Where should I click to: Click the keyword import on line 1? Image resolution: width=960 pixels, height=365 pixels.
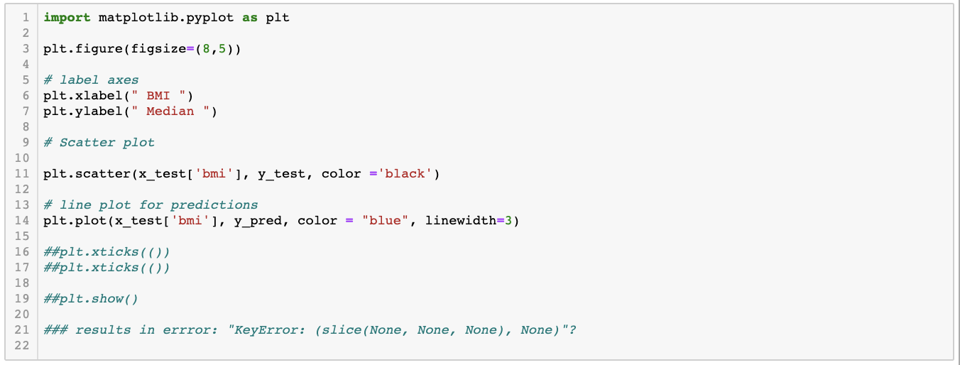point(67,18)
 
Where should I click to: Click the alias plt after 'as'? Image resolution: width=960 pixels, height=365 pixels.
point(278,18)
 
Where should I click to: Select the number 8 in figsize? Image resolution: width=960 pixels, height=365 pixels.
point(207,49)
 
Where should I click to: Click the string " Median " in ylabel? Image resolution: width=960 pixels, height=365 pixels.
point(170,111)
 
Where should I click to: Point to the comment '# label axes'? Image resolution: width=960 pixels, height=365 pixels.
point(91,80)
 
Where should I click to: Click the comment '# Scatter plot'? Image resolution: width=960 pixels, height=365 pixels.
point(99,143)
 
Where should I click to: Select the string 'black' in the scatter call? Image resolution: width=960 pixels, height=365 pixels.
point(405,174)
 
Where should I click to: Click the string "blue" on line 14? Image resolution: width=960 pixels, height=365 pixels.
point(385,221)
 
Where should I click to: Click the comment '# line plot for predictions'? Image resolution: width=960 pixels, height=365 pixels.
point(151,205)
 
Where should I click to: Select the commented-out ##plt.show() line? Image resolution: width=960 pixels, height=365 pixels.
point(91,299)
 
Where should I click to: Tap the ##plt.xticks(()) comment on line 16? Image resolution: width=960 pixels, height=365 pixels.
point(107,252)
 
